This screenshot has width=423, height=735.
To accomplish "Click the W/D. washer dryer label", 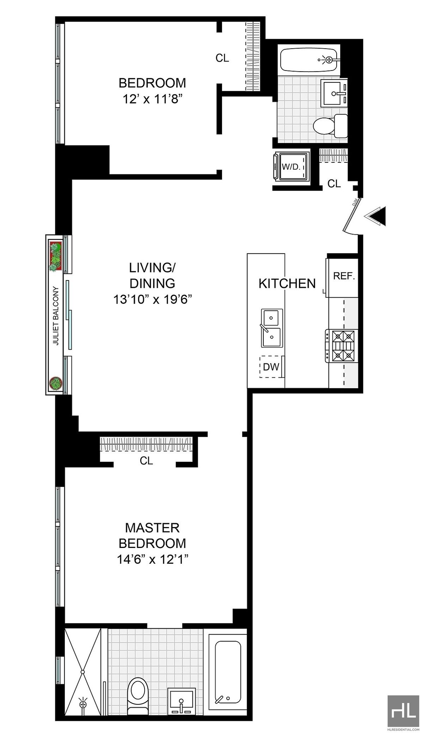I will [291, 167].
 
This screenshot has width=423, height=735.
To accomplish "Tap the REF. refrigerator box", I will [344, 276].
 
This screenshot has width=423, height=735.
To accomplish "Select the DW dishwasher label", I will [271, 367].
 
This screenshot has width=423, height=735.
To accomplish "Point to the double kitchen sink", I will [271, 328].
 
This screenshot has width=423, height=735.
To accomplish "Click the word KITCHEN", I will [287, 284].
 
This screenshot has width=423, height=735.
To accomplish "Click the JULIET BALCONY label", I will [56, 316].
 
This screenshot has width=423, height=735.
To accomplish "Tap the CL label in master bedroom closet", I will [146, 461].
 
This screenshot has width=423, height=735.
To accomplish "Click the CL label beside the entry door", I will [334, 184].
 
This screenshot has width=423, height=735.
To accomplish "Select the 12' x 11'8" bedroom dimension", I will [152, 99].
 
